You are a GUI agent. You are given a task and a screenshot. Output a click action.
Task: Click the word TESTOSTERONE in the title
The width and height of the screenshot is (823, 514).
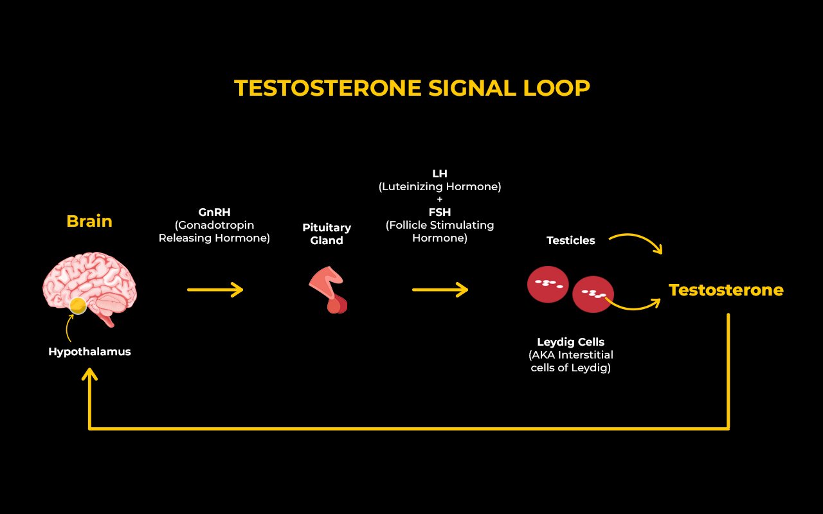pos(328,88)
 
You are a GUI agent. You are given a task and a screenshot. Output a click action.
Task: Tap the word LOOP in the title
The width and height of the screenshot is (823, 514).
pos(556,88)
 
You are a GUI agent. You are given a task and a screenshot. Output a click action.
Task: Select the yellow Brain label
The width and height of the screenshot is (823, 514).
pos(89,221)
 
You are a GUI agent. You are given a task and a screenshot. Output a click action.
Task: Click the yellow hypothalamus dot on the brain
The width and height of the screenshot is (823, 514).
pos(78,305)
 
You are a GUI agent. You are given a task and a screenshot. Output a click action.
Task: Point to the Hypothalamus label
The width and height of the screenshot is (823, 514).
pos(89,351)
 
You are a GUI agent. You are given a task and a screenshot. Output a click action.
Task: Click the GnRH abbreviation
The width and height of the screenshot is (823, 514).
pos(214,212)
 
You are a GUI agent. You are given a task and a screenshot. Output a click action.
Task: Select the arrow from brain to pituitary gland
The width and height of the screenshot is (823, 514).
pos(215,290)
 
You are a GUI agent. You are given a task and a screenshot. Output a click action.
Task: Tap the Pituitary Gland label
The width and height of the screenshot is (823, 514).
pos(327,234)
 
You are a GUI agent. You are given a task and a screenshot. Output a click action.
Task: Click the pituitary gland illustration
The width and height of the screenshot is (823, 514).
pos(328,290)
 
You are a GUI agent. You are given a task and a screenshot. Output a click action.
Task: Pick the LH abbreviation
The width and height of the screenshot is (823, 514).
pos(440,173)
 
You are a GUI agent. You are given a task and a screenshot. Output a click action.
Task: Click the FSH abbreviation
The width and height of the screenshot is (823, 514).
pos(440,212)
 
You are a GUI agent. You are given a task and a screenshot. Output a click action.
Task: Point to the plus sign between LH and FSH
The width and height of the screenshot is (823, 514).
pos(440,199)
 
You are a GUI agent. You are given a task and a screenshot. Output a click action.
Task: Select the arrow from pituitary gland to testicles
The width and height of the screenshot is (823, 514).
pos(440,290)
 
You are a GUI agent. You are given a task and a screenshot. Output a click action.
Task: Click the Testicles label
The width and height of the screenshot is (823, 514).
pos(570,240)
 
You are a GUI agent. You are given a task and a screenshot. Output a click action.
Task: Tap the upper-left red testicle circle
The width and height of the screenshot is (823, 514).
pos(548,285)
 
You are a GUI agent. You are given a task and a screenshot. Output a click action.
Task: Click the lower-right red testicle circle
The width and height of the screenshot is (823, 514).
pos(593,294)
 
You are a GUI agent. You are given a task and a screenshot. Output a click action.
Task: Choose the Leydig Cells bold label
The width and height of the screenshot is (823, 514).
pos(570,342)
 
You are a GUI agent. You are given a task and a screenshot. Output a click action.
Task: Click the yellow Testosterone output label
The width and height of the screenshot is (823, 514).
pos(726,290)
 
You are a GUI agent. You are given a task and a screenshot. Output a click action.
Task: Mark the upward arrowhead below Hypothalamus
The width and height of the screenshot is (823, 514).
pos(89,375)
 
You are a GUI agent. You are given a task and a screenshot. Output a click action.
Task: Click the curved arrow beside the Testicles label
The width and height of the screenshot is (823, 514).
pos(637,237)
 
